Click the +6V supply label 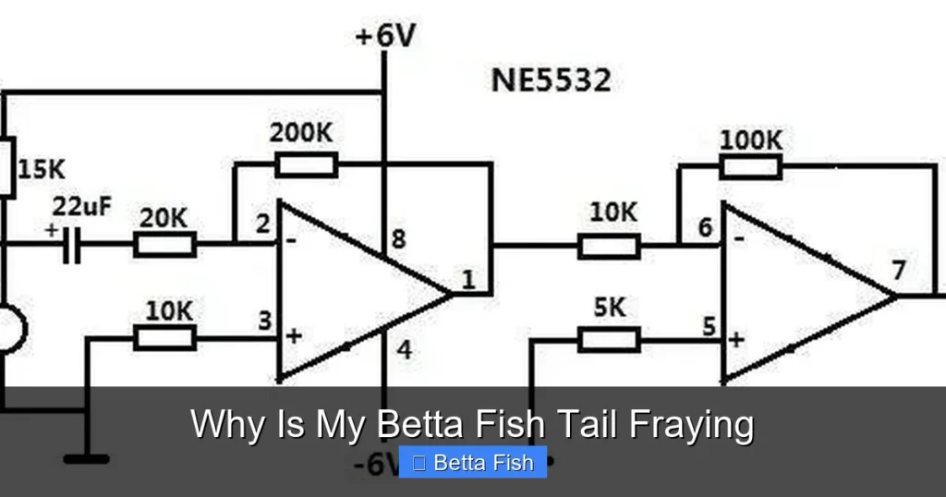[385, 36]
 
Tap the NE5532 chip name [552, 80]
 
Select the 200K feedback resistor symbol [307, 164]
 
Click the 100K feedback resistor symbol [751, 167]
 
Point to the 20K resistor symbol [164, 244]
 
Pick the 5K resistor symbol [610, 340]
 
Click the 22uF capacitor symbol [72, 245]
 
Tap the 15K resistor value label [42, 169]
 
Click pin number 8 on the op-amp [398, 239]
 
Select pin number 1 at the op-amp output [468, 279]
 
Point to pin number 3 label [265, 321]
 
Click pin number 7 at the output [899, 270]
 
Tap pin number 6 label [705, 227]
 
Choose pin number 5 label [709, 326]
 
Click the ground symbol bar [86, 460]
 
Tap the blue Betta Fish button [473, 463]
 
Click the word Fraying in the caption [691, 425]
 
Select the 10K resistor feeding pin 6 [610, 246]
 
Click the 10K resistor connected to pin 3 [164, 338]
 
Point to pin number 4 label [405, 350]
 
